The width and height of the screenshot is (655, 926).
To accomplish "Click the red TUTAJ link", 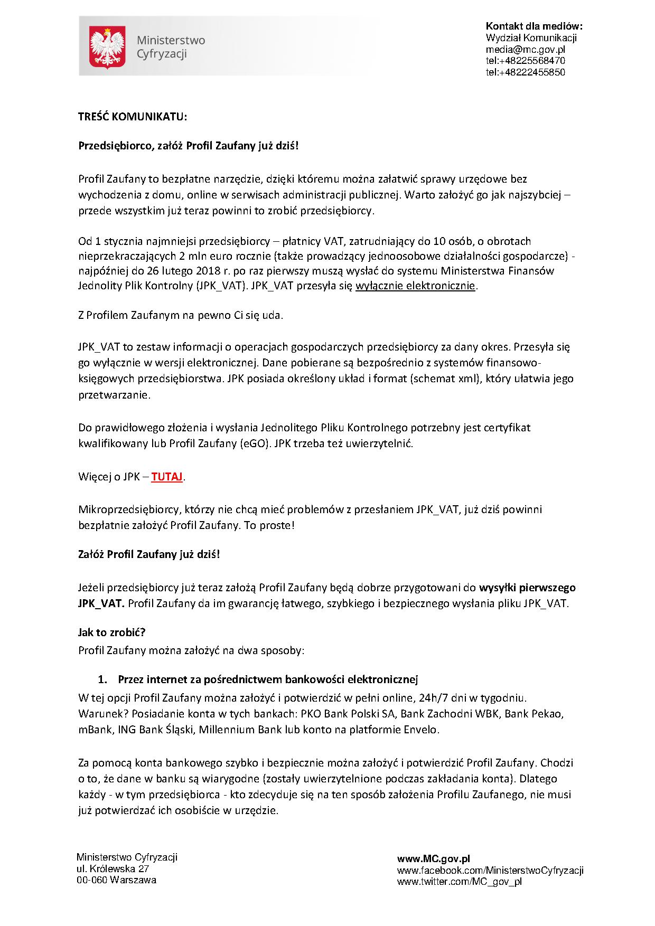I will coord(167,477).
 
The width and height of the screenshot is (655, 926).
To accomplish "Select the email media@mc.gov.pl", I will coord(525,49).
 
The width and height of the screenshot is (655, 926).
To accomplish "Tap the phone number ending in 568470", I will coord(525,61).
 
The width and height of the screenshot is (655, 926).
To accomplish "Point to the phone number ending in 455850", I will coord(525,72).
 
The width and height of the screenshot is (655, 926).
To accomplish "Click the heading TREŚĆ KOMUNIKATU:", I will coord(133,117).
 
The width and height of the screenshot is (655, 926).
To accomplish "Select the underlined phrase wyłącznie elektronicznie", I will coord(416,286).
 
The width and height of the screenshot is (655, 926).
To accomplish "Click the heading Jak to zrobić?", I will coord(111,632).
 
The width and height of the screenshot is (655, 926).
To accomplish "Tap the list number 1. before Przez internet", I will coord(104,679).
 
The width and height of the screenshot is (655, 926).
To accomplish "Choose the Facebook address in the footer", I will coord(490,870).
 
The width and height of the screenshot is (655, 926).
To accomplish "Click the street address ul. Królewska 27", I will coord(113,868).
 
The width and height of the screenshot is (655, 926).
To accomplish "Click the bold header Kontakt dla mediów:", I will coord(534,26).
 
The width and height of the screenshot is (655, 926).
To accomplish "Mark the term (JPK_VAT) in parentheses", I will coord(221,286).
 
